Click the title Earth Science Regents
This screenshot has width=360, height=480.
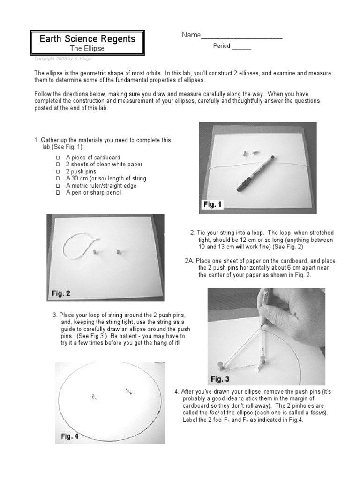pyautogui.click(x=87, y=39)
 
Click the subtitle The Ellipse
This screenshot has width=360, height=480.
pyautogui.click(x=87, y=48)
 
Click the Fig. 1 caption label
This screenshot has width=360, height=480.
pyautogui.click(x=213, y=205)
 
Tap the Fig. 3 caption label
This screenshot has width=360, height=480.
pyautogui.click(x=223, y=379)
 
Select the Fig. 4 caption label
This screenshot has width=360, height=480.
pyautogui.click(x=70, y=436)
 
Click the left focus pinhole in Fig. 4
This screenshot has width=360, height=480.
pyautogui.click(x=94, y=397)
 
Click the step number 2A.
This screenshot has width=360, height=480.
pyautogui.click(x=190, y=261)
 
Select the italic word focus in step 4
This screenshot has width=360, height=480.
pyautogui.click(x=318, y=413)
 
